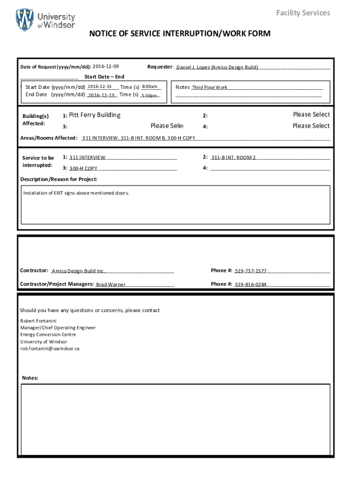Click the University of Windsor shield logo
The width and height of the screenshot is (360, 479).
click(25, 20)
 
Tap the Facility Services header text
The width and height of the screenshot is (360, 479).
click(302, 13)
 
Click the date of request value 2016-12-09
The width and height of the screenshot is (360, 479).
click(106, 67)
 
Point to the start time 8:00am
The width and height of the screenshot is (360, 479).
click(150, 87)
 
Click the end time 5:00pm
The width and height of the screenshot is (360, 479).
click(149, 96)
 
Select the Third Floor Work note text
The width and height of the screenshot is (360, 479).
click(209, 87)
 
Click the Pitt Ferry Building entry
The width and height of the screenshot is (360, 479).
click(94, 115)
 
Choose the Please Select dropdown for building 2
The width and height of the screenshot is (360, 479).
click(311, 115)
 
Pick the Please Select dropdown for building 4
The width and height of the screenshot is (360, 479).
click(311, 126)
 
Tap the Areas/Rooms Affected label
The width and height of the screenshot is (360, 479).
click(49, 138)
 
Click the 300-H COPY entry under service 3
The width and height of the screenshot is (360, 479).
click(83, 168)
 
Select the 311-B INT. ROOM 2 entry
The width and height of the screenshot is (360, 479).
click(233, 158)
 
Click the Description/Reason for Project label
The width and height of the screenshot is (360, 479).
click(59, 179)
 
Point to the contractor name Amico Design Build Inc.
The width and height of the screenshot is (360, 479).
click(78, 271)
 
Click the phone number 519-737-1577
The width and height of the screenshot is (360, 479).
click(251, 271)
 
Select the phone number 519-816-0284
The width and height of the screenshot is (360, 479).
click(251, 284)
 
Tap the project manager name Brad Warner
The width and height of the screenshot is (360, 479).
click(110, 284)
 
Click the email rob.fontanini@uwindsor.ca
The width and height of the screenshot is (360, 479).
click(50, 348)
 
